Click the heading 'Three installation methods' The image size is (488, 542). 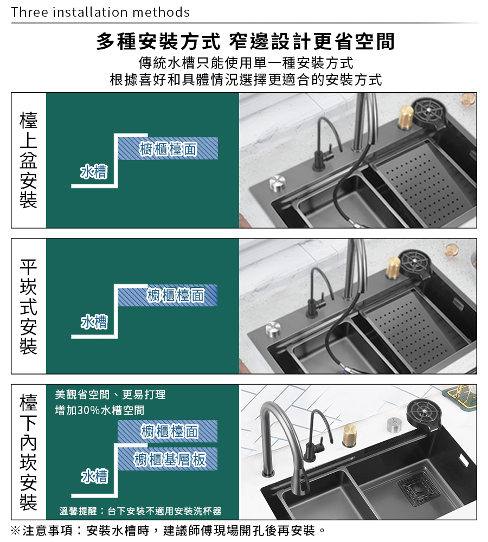100,12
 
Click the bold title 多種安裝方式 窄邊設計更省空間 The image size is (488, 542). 245,42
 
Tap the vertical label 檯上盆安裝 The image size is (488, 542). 28,160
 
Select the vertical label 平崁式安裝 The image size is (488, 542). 28,306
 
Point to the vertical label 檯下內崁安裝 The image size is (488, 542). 28,452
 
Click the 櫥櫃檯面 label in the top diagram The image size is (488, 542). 168,149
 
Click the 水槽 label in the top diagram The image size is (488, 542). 94,172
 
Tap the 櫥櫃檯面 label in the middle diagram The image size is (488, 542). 176,295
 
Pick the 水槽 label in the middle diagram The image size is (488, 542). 94,322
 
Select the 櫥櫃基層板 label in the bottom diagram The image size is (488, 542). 170,460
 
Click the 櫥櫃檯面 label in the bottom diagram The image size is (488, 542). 170,431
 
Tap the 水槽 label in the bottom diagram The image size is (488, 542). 94,476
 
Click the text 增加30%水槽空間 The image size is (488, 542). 100,410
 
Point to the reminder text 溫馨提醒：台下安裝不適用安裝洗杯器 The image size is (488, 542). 140,511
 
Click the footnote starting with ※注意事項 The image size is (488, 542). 168,531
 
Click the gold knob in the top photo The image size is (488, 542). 406,117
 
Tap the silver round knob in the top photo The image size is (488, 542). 278,183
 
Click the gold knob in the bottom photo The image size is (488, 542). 350,435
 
